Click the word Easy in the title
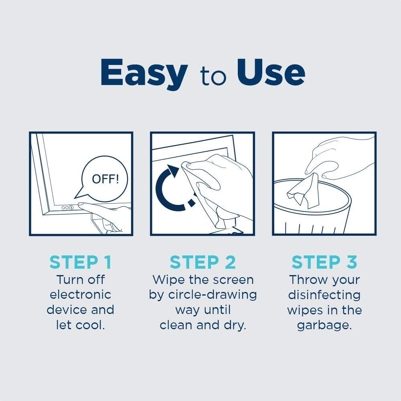click(144, 73)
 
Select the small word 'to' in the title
click(213, 76)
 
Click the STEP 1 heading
click(81, 262)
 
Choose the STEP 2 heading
click(203, 262)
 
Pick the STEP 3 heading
click(324, 262)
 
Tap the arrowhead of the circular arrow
click(172, 169)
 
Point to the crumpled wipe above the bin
click(304, 192)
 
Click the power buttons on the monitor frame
click(67, 208)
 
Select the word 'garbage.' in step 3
click(324, 325)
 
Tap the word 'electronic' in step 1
click(81, 294)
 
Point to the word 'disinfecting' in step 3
click(324, 294)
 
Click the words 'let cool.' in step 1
click(81, 325)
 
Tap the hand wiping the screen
click(225, 180)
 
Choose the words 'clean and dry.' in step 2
click(203, 325)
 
